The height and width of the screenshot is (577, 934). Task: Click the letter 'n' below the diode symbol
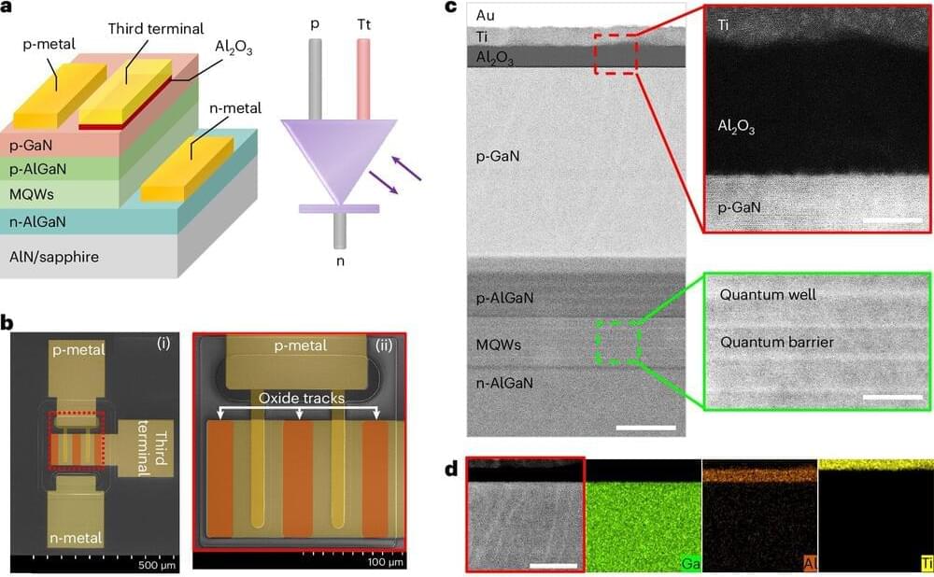point(339,260)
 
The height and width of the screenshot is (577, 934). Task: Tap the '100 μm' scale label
point(385,563)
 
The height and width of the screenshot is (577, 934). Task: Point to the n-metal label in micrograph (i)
point(78,538)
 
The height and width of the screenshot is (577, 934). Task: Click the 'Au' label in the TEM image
point(486,15)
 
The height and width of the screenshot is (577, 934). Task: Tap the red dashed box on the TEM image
point(616,53)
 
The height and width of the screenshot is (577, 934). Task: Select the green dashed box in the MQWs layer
point(616,343)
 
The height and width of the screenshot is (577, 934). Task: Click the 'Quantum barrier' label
point(776,343)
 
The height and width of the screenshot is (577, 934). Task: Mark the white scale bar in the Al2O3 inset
point(893,221)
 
